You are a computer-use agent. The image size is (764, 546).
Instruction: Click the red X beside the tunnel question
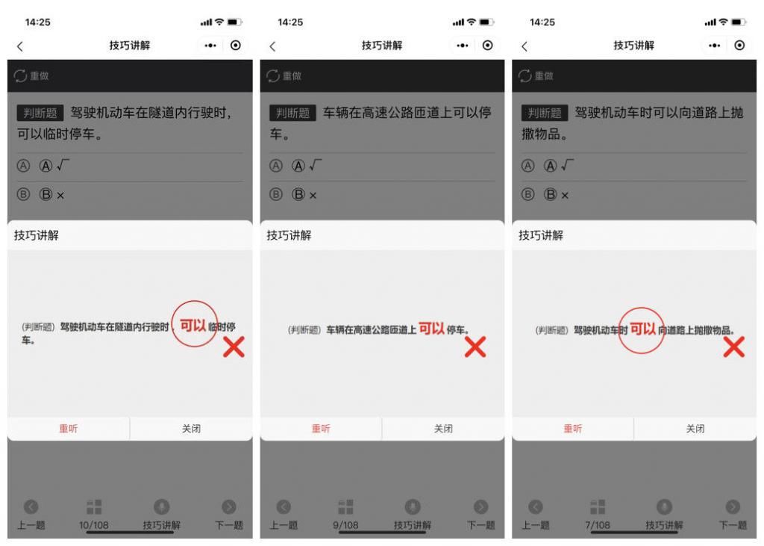pos(234,347)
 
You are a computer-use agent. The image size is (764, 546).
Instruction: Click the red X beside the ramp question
pos(475,347)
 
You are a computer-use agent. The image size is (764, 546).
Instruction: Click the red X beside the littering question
pos(734,347)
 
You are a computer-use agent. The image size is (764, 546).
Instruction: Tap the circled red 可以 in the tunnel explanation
pos(194,323)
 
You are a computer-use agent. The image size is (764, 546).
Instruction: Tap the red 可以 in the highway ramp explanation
pos(431,329)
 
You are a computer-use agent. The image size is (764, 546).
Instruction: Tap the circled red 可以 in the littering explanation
pos(642,329)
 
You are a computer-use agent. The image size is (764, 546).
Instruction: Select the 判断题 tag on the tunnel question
pos(40,114)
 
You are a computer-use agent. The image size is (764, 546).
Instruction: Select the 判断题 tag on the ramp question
pos(292,114)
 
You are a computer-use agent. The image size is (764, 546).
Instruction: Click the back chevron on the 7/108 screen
pos(525,46)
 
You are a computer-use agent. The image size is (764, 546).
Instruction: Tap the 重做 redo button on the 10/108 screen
pos(32,76)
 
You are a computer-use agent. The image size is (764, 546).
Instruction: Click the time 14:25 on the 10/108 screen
pos(38,22)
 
